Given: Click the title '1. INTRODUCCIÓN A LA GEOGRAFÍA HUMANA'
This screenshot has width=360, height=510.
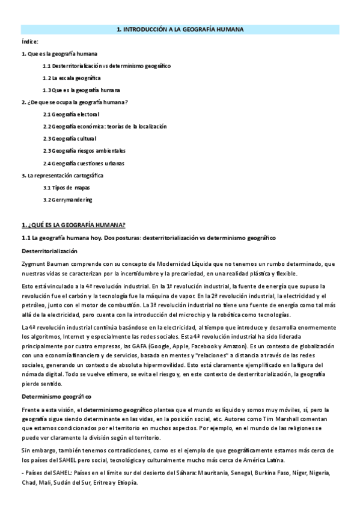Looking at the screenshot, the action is pyautogui.click(x=180, y=29).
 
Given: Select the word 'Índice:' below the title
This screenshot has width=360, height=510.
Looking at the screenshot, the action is pyautogui.click(x=29, y=41).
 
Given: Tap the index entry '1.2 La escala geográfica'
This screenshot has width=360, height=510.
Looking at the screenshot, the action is pyautogui.click(x=72, y=78).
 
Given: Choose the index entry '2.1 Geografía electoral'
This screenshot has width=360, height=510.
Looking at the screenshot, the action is pyautogui.click(x=71, y=114).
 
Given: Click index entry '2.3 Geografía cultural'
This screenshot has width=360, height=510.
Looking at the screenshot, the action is pyautogui.click(x=70, y=138).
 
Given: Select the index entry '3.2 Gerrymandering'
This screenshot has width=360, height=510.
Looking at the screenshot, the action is pyautogui.click(x=67, y=200).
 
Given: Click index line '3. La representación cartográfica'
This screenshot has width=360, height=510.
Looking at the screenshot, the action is pyautogui.click(x=62, y=175).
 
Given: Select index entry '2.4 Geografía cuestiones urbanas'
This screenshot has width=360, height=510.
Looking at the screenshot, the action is pyautogui.click(x=84, y=163).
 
